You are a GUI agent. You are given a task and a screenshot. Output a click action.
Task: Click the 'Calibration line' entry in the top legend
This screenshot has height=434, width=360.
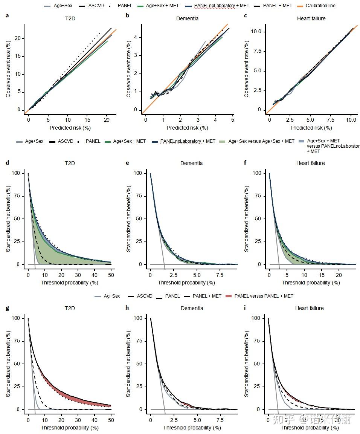click(320, 6)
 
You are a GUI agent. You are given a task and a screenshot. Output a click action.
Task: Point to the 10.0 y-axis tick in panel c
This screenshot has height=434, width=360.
click(256, 32)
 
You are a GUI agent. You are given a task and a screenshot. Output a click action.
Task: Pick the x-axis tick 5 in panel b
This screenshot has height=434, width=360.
click(232, 119)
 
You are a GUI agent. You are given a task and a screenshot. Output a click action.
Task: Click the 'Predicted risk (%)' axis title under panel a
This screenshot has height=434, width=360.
click(70, 128)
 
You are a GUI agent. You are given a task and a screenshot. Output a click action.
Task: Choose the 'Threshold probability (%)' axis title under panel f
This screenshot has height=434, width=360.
click(311, 283)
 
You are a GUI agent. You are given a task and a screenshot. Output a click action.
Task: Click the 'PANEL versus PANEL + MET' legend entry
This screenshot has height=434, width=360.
click(264, 296)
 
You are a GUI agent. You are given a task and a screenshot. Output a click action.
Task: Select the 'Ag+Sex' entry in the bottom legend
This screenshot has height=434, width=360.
click(112, 296)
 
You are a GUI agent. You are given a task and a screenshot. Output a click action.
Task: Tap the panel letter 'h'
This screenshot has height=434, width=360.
click(128, 308)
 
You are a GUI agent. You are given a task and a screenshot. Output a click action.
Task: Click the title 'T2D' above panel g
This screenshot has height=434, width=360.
click(70, 308)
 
